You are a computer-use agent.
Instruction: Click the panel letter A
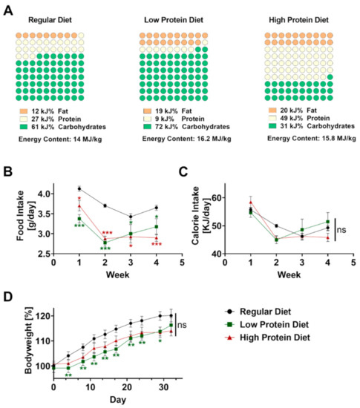pyautogui.click(x=9, y=10)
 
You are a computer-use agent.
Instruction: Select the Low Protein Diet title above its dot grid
pyautogui.click(x=174, y=20)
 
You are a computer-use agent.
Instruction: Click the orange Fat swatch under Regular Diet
pyautogui.click(x=24, y=111)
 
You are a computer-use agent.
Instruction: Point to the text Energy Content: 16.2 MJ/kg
pyautogui.click(x=186, y=139)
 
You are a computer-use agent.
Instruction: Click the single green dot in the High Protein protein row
pyautogui.click(x=330, y=77)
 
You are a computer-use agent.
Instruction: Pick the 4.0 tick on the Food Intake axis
pyautogui.click(x=45, y=194)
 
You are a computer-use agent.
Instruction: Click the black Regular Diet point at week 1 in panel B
pyautogui.click(x=79, y=189)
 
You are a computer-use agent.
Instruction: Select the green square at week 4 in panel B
pyautogui.click(x=157, y=227)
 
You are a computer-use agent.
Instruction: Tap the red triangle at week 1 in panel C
pyautogui.click(x=251, y=202)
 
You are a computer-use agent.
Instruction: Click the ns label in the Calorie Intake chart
pyautogui.click(x=341, y=230)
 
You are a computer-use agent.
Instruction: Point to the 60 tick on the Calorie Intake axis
pyautogui.click(x=217, y=198)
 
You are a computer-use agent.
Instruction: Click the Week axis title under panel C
pyautogui.click(x=289, y=274)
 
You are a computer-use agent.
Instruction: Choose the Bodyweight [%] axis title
pyautogui.click(x=29, y=340)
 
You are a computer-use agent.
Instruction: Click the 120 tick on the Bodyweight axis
pyautogui.click(x=44, y=316)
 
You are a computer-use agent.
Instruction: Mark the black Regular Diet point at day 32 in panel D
pyautogui.click(x=171, y=315)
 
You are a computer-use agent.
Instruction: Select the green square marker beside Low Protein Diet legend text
pyautogui.click(x=229, y=325)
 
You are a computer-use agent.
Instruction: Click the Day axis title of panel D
pyautogui.click(x=118, y=399)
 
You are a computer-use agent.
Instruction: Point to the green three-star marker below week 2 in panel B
pyautogui.click(x=105, y=249)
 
